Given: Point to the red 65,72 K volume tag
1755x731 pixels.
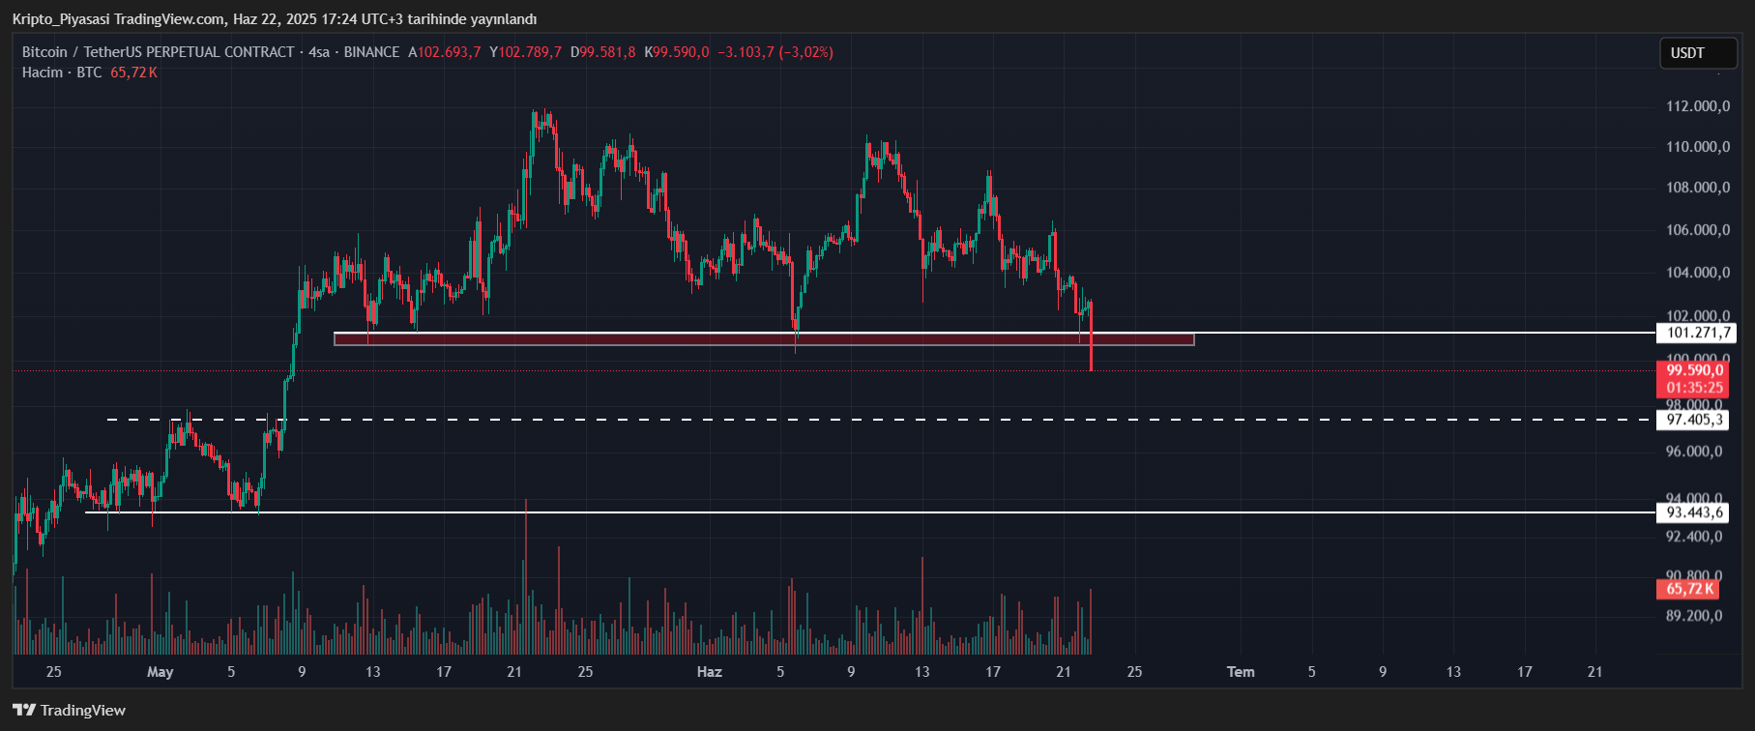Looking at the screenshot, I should pyautogui.click(x=1689, y=588).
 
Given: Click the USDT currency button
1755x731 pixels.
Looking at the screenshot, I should pyautogui.click(x=1687, y=53).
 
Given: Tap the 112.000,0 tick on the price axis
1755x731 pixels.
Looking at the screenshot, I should pyautogui.click(x=1697, y=106).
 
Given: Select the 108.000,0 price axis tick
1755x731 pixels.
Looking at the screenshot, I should pyautogui.click(x=1697, y=188).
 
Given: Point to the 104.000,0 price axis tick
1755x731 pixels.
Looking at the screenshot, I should pyautogui.click(x=1697, y=273).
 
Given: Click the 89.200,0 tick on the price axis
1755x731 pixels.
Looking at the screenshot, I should pyautogui.click(x=1693, y=616).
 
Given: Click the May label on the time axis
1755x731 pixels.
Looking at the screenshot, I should pyautogui.click(x=160, y=672).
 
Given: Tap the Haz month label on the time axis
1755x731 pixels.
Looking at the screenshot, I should pyautogui.click(x=710, y=672).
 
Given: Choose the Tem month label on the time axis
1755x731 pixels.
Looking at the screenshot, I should pyautogui.click(x=1241, y=672).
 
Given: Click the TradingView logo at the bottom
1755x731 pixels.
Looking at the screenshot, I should pyautogui.click(x=70, y=711).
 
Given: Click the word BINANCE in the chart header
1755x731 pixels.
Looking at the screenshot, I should pyautogui.click(x=371, y=52).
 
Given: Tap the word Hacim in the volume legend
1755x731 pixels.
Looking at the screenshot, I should pyautogui.click(x=43, y=73).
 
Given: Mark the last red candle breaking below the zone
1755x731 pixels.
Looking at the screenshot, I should pyautogui.click(x=1091, y=348).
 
